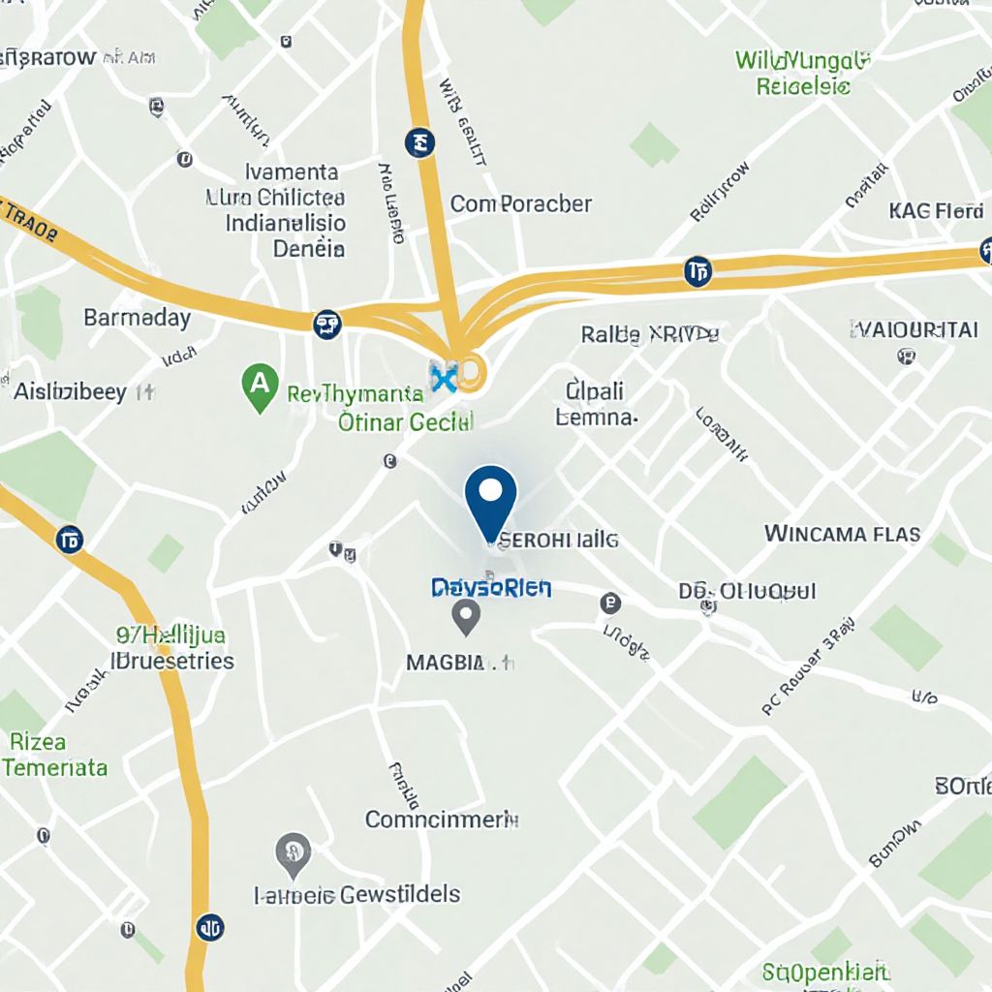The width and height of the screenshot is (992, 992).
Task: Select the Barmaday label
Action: [x=137, y=318]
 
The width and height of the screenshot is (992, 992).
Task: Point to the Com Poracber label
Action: [x=520, y=204]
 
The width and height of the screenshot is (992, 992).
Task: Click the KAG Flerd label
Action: [x=936, y=211]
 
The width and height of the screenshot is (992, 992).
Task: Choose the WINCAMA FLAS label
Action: [x=842, y=534]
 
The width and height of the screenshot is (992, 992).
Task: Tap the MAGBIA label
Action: [x=445, y=664]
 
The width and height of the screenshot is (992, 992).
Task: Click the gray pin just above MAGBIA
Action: [x=467, y=616]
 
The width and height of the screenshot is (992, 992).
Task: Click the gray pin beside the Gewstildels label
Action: [x=293, y=852]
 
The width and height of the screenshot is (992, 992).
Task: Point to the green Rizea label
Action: [x=39, y=742]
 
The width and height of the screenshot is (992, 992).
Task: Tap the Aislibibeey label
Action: [x=72, y=392]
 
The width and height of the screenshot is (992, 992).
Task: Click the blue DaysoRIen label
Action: [x=491, y=587]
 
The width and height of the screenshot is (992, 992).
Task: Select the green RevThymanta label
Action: [x=356, y=394]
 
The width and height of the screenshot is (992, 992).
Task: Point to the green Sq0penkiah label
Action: [x=825, y=971]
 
